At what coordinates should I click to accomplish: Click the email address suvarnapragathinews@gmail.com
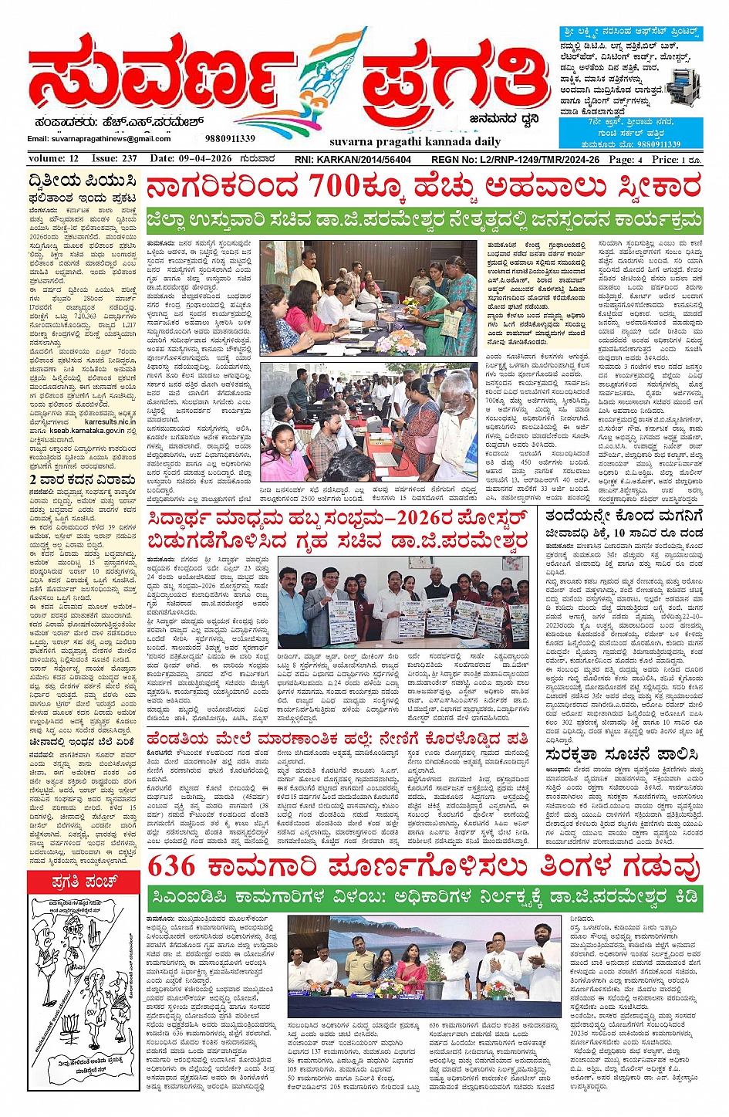100,139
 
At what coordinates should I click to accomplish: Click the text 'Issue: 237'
114,159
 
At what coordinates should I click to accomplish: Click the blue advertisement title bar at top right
630,33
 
